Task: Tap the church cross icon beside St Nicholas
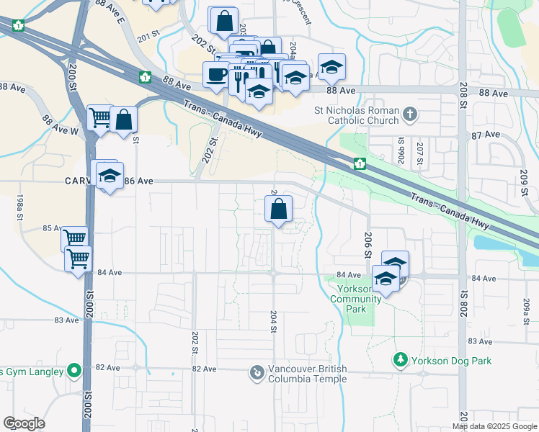coord(409,114)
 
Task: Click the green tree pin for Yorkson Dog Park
coord(401,358)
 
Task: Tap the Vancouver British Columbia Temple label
coord(308,374)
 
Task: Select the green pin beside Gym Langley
coord(73,372)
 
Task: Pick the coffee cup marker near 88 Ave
coord(216,74)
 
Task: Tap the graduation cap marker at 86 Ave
coord(110,176)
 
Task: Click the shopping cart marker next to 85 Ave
coord(74,238)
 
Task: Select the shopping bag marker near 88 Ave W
coord(124,120)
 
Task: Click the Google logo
coord(24,423)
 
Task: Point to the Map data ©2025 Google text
coord(494,426)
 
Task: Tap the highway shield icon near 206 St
coord(359,165)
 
